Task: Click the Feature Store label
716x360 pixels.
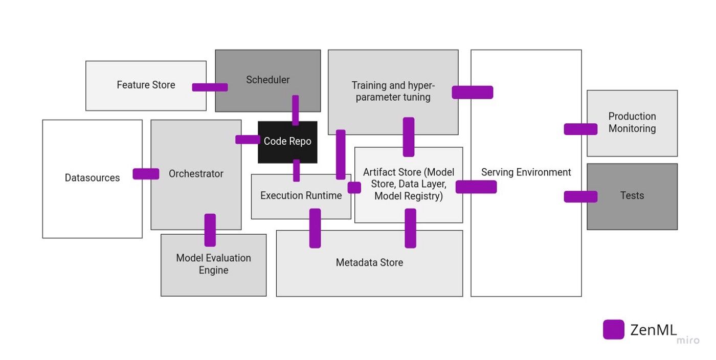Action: tap(146, 85)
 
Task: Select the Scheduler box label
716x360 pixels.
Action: tap(267, 80)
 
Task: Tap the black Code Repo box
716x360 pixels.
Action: tap(287, 142)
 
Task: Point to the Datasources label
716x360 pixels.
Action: tap(92, 178)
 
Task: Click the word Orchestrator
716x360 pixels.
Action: tap(196, 174)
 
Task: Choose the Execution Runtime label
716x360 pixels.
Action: tap(301, 195)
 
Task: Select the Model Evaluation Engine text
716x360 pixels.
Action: tap(213, 264)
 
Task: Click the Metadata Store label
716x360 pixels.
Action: tap(369, 262)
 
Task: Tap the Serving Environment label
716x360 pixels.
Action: tap(526, 172)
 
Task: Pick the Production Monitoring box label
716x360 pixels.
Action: tap(632, 123)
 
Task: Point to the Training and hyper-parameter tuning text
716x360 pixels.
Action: tap(393, 91)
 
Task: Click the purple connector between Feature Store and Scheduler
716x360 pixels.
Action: tap(210, 87)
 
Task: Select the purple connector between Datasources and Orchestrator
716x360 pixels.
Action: tap(146, 174)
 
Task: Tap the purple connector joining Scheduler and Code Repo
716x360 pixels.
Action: tap(295, 110)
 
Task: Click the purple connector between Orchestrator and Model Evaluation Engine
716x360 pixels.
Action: tap(210, 230)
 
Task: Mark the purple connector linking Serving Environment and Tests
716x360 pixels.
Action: tap(580, 196)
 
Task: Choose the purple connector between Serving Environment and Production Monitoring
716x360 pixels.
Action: tap(580, 129)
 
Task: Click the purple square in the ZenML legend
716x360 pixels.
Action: tap(613, 329)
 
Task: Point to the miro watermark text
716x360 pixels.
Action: tap(688, 341)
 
